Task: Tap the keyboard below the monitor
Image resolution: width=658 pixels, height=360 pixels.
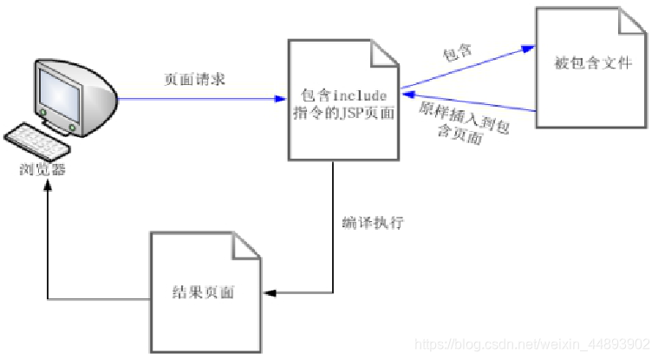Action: click(x=38, y=140)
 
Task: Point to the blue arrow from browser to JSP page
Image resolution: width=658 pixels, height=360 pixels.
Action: click(x=199, y=99)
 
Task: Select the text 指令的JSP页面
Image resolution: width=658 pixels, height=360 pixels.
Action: click(x=344, y=113)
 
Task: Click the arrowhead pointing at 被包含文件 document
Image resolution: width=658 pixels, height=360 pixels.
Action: click(x=528, y=49)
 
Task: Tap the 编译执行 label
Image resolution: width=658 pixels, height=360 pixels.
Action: click(x=373, y=222)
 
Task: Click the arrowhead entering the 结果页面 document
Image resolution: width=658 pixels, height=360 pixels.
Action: click(x=268, y=293)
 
